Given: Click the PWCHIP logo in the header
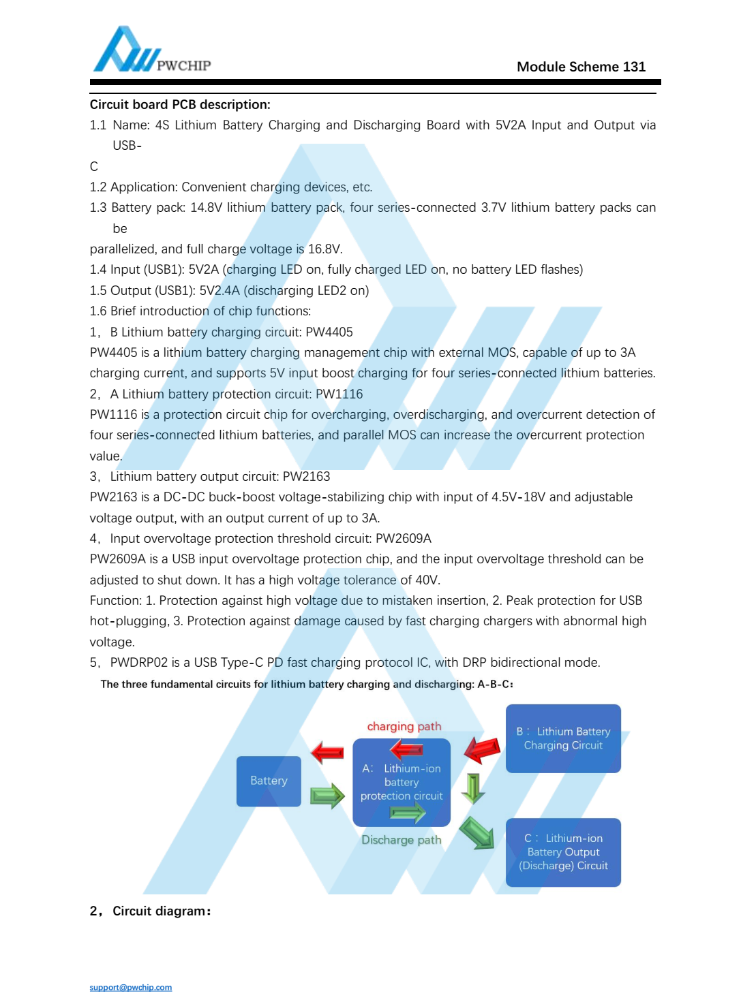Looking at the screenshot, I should click(x=151, y=51).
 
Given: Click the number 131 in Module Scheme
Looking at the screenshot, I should click(x=634, y=67).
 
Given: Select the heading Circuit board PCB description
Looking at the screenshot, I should click(x=180, y=105).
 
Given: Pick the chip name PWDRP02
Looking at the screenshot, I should click(x=138, y=663).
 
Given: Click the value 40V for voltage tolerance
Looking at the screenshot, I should click(x=427, y=580).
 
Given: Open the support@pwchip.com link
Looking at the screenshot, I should click(x=131, y=988).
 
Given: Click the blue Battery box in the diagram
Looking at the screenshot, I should click(x=269, y=781).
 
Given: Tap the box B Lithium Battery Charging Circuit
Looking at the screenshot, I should click(x=563, y=738).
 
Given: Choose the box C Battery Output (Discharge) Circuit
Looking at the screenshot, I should click(x=563, y=852).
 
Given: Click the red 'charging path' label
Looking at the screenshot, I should click(x=404, y=727).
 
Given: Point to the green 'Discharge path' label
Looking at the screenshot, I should click(x=401, y=841).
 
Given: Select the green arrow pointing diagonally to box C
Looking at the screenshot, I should click(x=477, y=833).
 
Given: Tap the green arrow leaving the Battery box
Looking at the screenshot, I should click(x=327, y=796).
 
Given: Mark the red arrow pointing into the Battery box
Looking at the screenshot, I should click(x=327, y=753).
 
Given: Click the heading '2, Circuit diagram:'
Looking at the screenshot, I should click(x=151, y=911).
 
